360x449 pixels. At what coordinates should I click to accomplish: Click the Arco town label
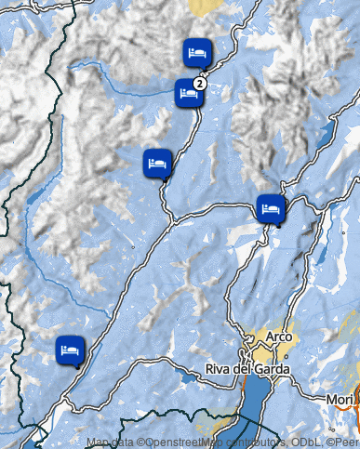click(278, 336)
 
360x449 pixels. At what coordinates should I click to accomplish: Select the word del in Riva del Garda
click(247, 369)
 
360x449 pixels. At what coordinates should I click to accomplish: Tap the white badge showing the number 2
click(199, 82)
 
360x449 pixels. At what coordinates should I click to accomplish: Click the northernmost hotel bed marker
click(197, 52)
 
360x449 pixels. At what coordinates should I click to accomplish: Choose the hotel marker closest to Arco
click(271, 209)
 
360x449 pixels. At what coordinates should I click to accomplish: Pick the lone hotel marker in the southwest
click(70, 350)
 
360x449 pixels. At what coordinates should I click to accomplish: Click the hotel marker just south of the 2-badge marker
click(157, 163)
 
